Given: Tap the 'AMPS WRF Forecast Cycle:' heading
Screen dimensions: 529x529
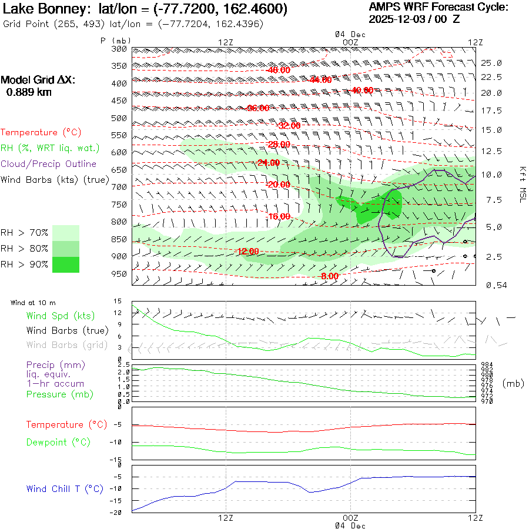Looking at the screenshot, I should click(438, 7).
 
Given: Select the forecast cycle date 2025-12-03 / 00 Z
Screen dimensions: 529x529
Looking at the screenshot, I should click(415, 19).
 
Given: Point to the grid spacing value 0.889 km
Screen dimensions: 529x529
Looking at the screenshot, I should click(28, 92).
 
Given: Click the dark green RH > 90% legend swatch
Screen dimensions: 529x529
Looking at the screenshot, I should click(66, 264).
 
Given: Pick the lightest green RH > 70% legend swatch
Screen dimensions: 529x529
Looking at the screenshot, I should click(66, 233).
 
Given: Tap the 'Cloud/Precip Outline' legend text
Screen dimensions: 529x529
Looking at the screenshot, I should click(48, 164).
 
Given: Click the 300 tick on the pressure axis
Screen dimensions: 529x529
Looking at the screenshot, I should click(119, 49).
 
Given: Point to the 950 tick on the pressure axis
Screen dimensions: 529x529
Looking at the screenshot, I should click(119, 274).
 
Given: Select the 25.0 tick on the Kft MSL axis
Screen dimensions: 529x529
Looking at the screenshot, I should click(491, 63).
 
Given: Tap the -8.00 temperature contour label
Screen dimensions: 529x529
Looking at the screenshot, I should click(329, 276).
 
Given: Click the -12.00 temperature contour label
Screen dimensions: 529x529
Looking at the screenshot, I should click(247, 252).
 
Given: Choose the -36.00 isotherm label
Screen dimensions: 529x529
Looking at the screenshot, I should click(258, 108).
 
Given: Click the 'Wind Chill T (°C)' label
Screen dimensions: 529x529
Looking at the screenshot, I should click(65, 488).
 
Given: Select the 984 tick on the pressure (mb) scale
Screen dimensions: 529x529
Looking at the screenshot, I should click(486, 364).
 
